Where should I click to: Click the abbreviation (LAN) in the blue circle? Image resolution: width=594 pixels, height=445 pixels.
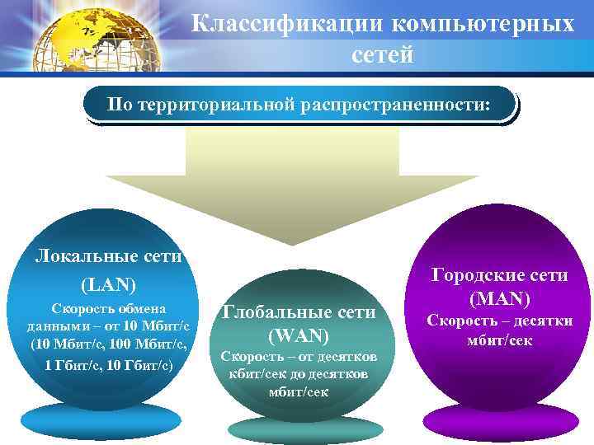click(x=108, y=284)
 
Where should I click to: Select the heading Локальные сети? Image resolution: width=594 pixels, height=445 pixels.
click(x=108, y=256)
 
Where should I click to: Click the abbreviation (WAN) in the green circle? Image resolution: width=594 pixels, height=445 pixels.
click(x=299, y=335)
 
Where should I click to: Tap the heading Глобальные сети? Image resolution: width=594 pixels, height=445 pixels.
click(x=299, y=311)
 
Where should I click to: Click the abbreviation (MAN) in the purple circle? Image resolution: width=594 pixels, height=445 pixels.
click(x=498, y=298)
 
